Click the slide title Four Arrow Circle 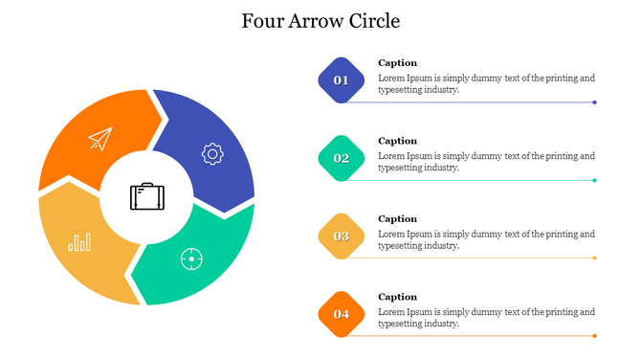[320, 20]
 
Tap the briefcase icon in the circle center [146, 196]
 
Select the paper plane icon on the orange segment [99, 140]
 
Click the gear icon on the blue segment [211, 152]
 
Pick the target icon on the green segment [192, 259]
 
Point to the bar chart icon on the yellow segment [79, 241]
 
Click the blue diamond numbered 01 [341, 80]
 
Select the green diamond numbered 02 [341, 158]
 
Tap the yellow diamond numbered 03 [341, 236]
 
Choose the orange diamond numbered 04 [341, 314]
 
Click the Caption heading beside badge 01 [397, 63]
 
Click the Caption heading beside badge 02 [397, 141]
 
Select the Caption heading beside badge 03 [397, 219]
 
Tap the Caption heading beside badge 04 [397, 297]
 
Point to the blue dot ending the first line [595, 102]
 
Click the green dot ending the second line [595, 180]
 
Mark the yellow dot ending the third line [595, 258]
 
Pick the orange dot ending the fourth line [595, 336]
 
